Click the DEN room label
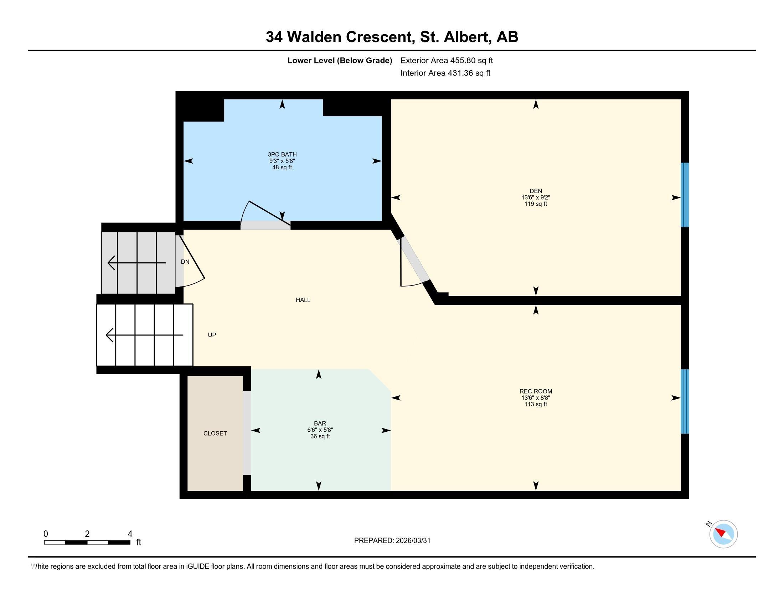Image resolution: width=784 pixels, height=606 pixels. [x=536, y=191]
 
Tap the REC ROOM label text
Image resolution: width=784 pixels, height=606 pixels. [x=536, y=391]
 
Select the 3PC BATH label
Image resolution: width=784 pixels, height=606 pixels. [x=282, y=154]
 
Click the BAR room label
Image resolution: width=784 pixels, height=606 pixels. [x=320, y=423]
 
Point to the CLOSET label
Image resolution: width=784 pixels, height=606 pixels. [x=215, y=433]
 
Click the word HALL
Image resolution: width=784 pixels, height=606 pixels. [x=303, y=300]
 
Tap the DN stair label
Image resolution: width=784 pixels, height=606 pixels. [x=185, y=262]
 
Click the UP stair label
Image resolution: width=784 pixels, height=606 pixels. [x=212, y=335]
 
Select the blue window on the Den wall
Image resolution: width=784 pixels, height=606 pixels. [x=685, y=195]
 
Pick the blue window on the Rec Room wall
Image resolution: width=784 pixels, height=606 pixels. [x=685, y=401]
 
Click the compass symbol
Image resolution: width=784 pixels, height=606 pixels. [x=723, y=534]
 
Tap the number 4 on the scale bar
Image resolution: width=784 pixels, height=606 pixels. [x=130, y=534]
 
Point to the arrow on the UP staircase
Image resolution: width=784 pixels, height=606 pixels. [x=144, y=335]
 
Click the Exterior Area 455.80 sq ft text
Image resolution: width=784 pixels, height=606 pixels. [x=447, y=60]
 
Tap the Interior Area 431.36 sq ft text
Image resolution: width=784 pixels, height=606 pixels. [x=445, y=73]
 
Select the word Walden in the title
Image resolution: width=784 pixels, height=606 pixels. [x=314, y=37]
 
